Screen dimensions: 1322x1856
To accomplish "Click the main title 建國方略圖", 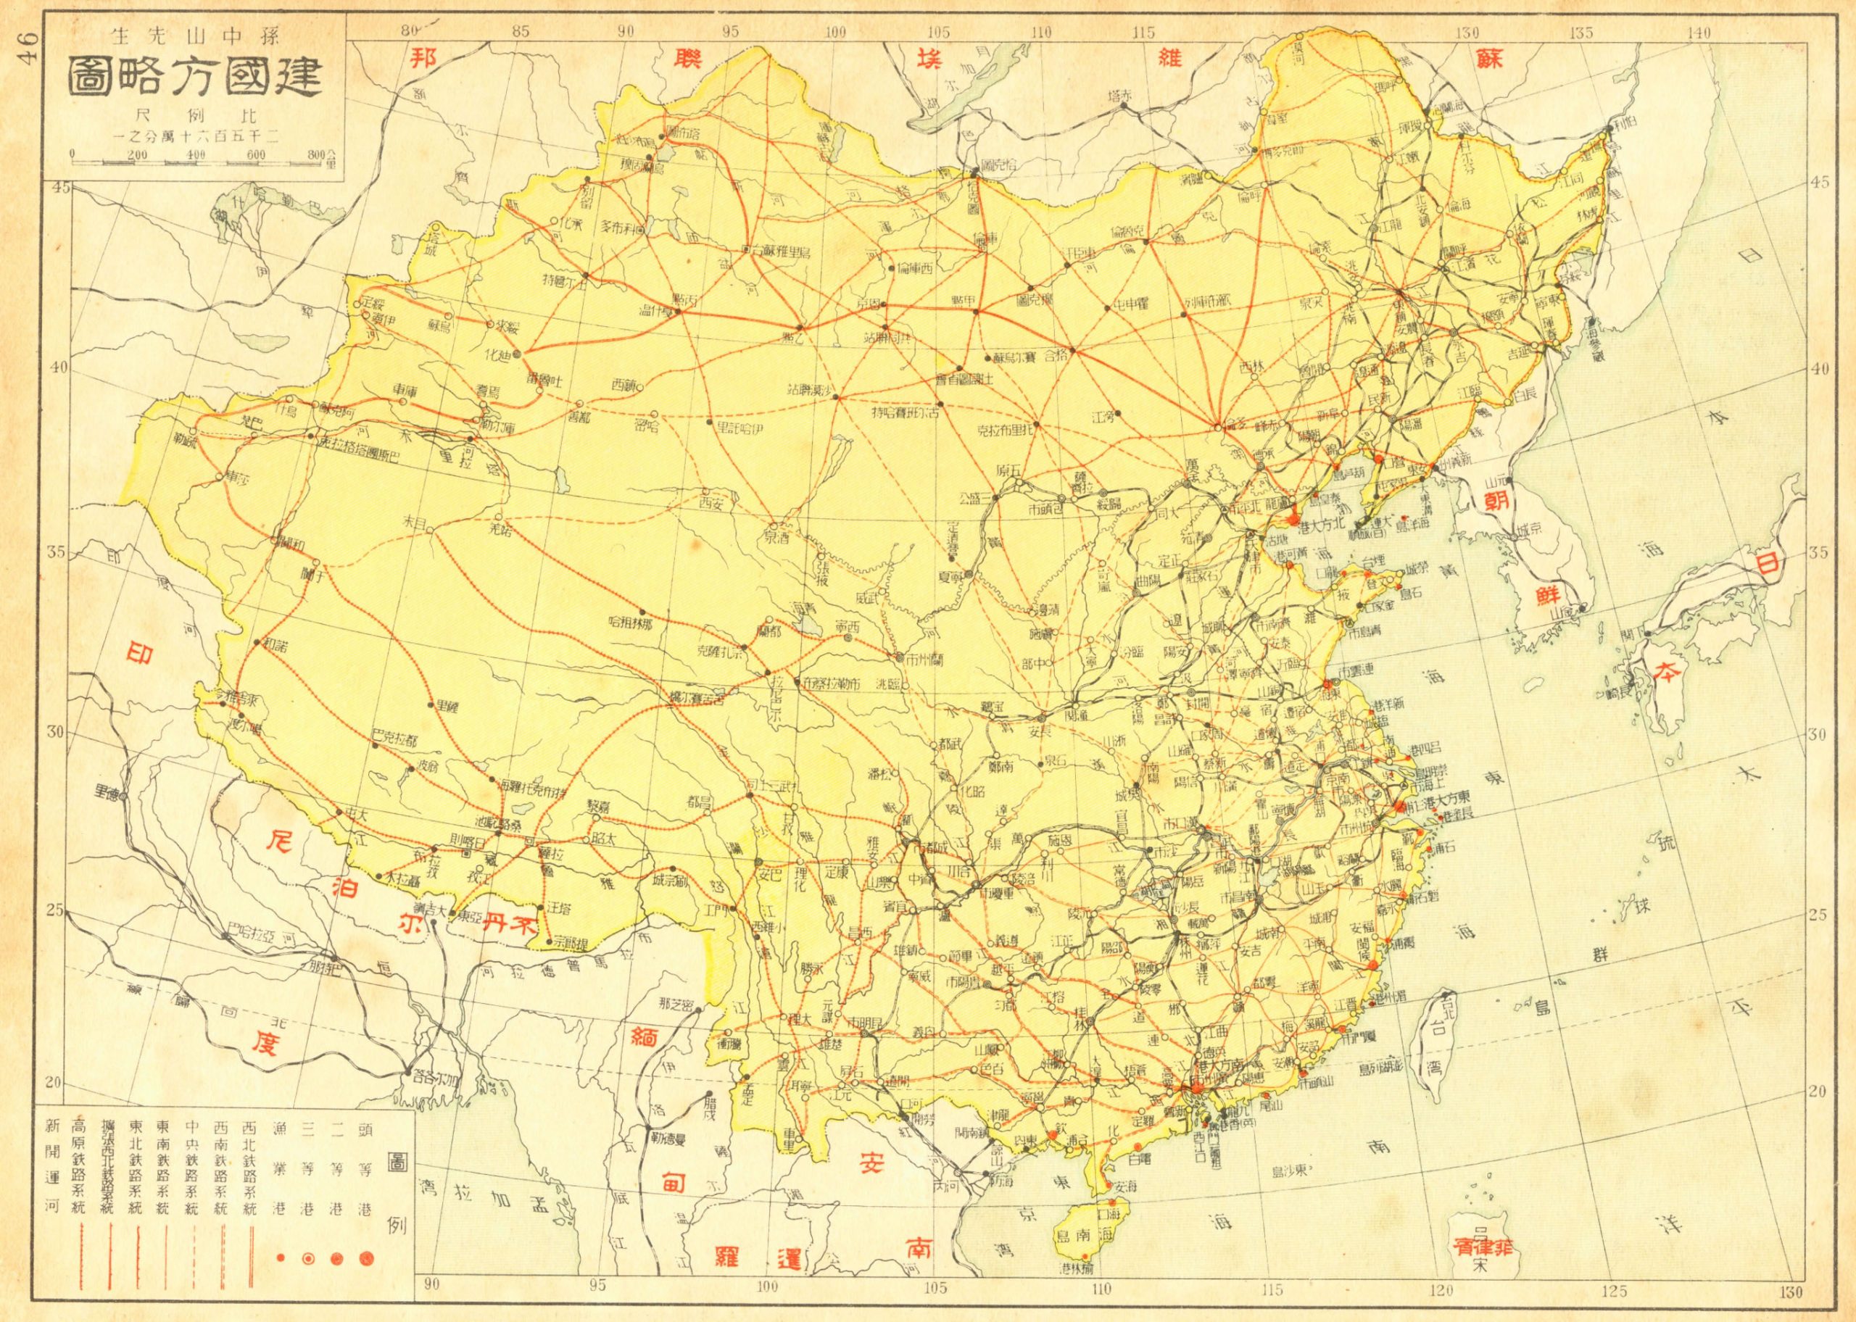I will coord(195,79).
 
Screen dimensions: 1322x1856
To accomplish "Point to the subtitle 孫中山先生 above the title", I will coord(195,36).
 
